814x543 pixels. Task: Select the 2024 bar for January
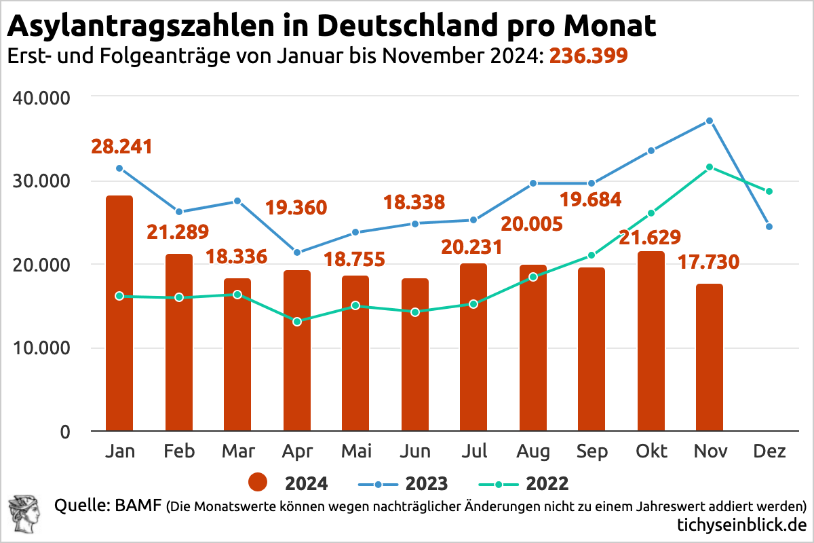pos(119,313)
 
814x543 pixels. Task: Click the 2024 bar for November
pos(709,357)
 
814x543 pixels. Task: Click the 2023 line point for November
pos(710,121)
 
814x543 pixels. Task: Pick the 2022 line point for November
pos(710,167)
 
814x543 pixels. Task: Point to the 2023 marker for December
pos(769,227)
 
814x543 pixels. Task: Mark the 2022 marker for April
pos(296,321)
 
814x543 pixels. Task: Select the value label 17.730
pos(709,261)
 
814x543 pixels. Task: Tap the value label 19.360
pos(296,207)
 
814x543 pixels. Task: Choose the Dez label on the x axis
pos(769,451)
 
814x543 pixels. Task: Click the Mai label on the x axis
pos(355,451)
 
